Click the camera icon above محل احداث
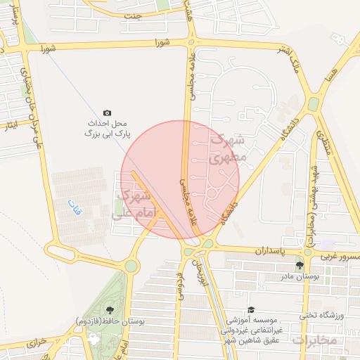(x=107, y=112)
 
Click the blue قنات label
(x=74, y=205)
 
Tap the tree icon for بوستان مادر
(x=300, y=265)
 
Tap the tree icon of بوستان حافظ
(x=110, y=309)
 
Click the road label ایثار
(x=10, y=126)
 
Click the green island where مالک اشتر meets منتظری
(x=313, y=105)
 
